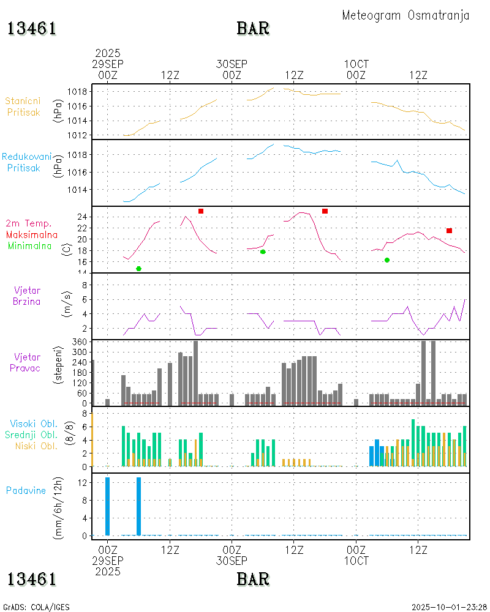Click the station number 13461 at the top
coord(32,29)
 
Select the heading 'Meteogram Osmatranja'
coord(405,15)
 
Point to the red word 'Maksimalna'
coord(32,234)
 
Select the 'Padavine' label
coord(26,490)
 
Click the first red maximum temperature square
coord(201,211)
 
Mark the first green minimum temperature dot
coord(138,269)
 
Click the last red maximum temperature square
coord(449,231)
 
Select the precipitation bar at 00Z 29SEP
coord(107,506)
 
